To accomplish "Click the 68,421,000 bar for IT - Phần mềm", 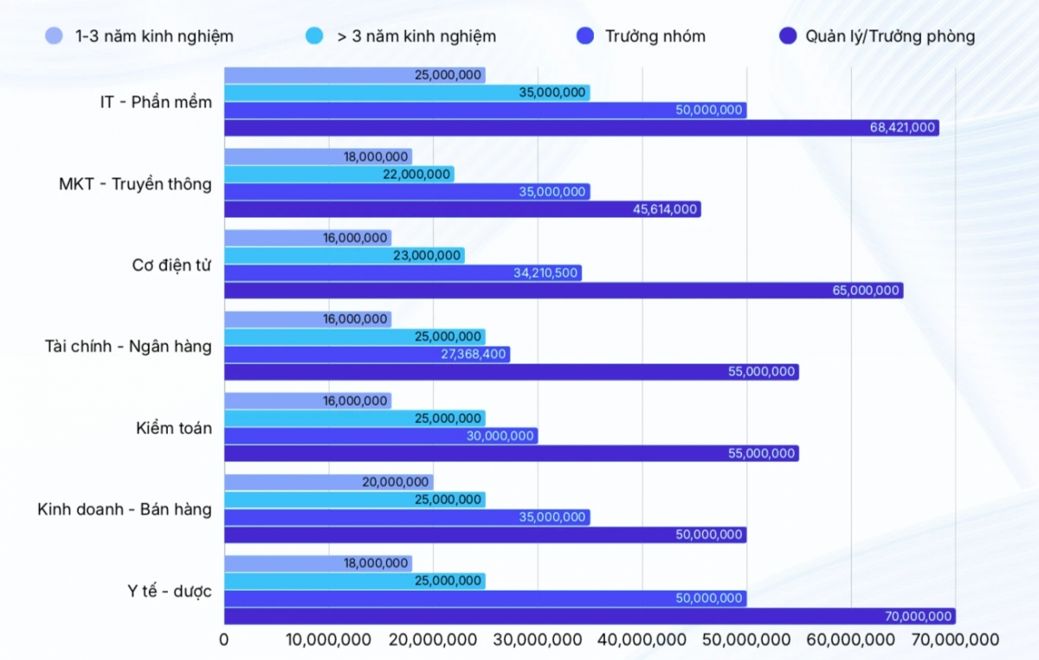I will click(580, 128).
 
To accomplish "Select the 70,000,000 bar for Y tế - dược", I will click(589, 617).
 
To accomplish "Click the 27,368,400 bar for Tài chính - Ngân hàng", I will click(367, 355).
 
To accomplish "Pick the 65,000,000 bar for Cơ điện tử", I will click(563, 291).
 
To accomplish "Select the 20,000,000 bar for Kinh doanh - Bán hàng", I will click(329, 483).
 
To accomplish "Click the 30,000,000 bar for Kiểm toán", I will click(381, 436).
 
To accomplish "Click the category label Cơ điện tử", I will click(171, 266).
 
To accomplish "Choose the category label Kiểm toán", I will click(173, 428).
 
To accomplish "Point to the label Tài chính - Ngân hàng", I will click(128, 347).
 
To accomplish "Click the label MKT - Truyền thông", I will click(135, 184).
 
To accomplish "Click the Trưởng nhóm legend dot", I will click(585, 36).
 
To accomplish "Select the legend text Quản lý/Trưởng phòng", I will click(890, 36).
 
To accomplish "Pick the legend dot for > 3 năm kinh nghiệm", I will click(314, 36).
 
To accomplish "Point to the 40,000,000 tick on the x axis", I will click(642, 640).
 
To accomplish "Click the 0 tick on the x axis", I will click(224, 640).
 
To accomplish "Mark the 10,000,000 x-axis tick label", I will click(329, 640).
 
